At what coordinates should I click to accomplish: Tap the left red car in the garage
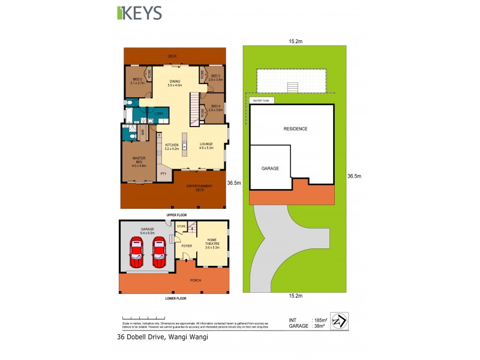click(x=137, y=252)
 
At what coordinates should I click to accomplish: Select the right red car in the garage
click(x=159, y=252)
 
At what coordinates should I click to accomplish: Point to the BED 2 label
click(x=137, y=81)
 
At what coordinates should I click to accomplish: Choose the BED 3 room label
click(x=216, y=77)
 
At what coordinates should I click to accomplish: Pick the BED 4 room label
click(x=216, y=108)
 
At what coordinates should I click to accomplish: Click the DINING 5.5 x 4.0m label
click(x=175, y=83)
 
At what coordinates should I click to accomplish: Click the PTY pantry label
click(x=163, y=174)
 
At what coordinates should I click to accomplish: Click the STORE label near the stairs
click(x=181, y=226)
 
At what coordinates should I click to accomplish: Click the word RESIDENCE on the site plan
click(x=295, y=128)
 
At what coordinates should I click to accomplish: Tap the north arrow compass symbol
click(x=340, y=321)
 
